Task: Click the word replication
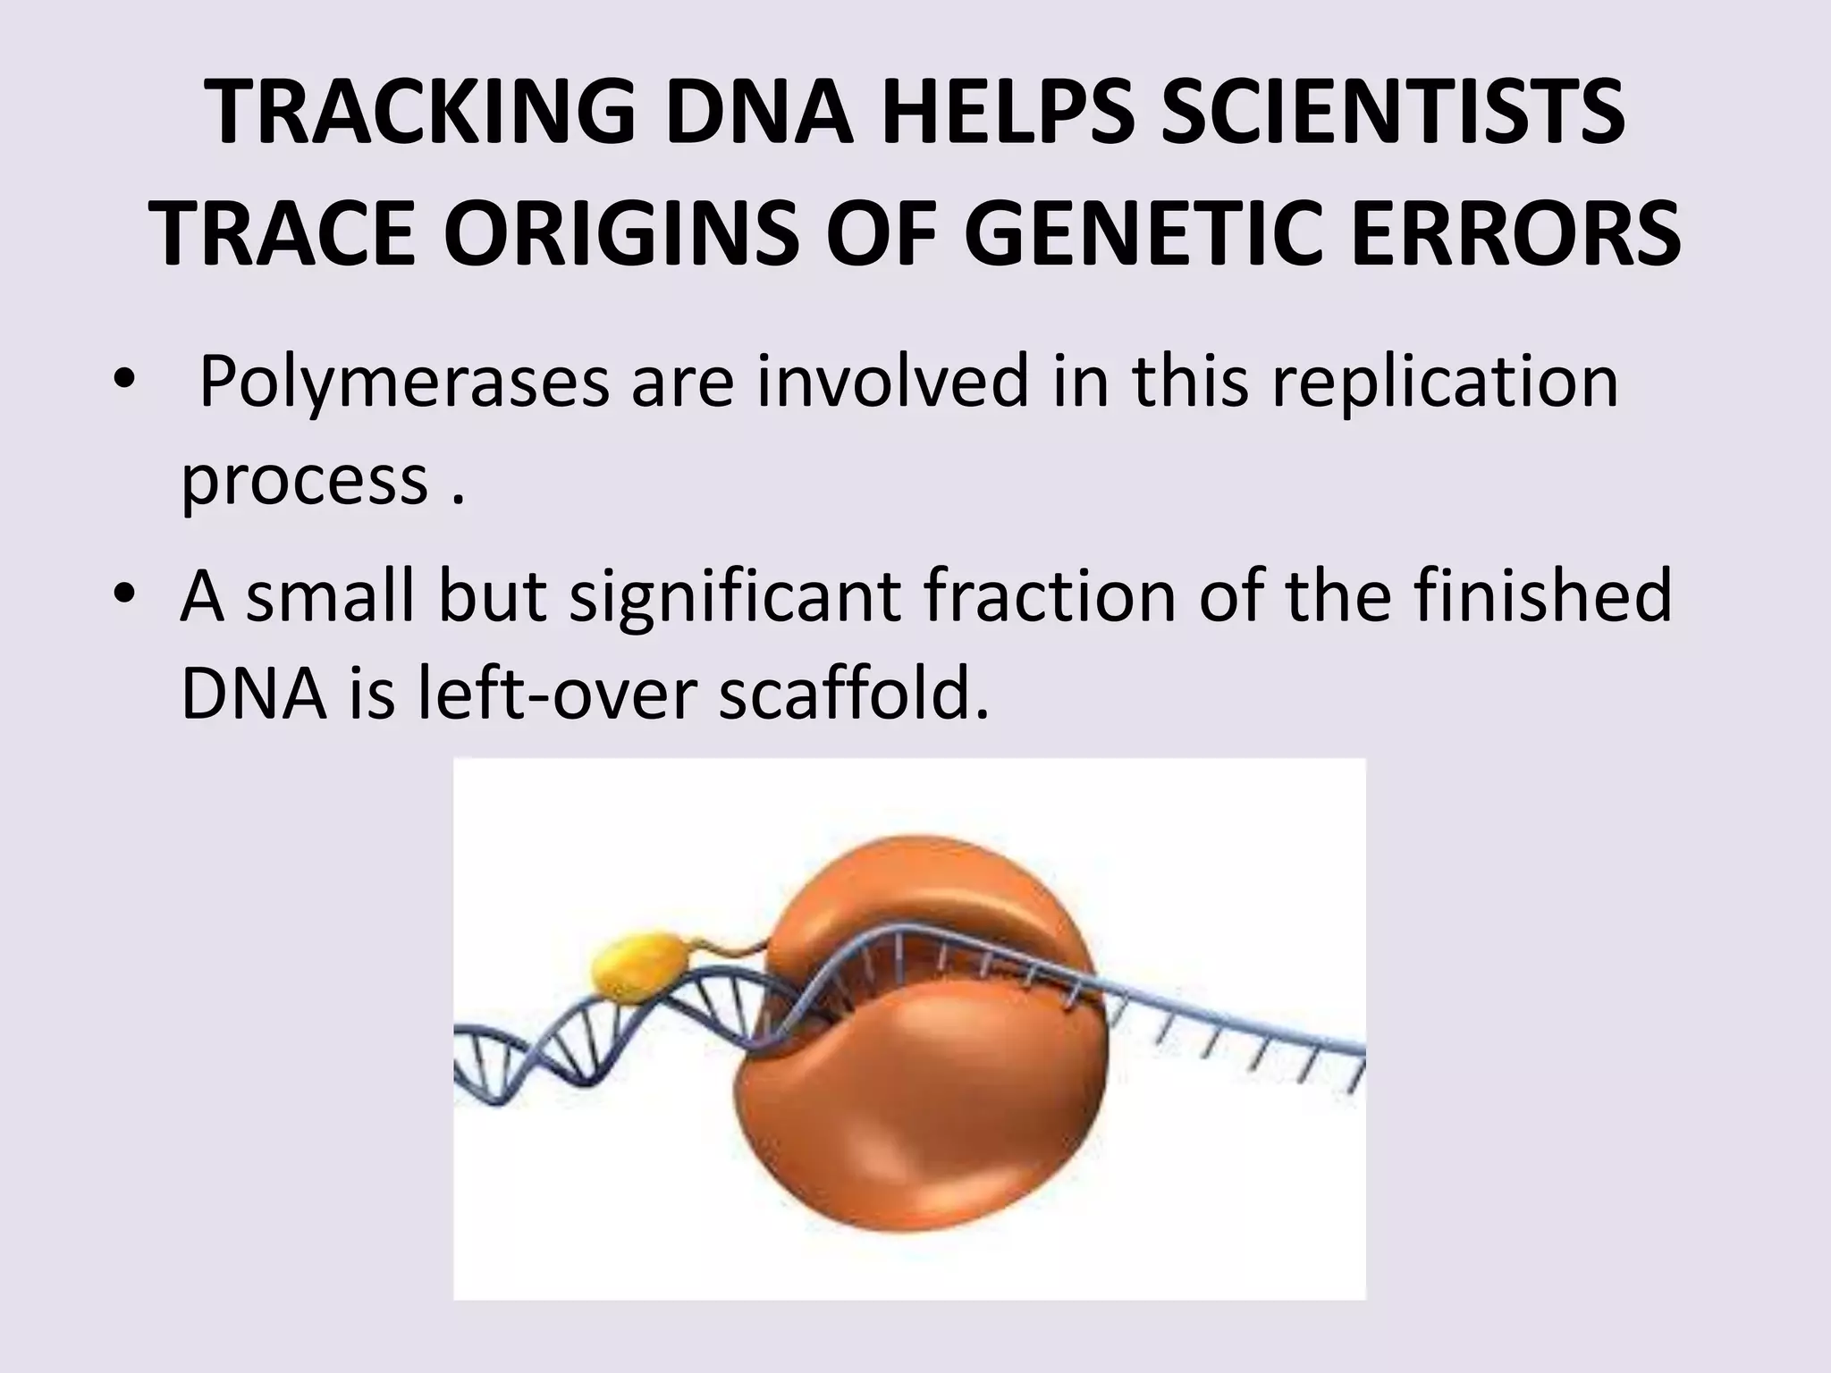1445,383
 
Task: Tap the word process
305,483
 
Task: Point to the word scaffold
854,695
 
